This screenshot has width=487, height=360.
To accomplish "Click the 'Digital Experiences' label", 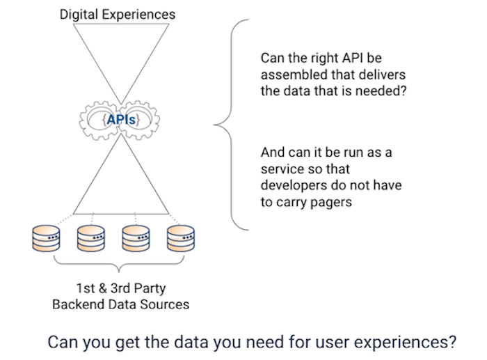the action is [118, 15].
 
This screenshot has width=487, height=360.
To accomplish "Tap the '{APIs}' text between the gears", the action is [121, 120].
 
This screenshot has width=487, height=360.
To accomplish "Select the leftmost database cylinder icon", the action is [46, 238].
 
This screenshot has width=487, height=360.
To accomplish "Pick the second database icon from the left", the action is [90, 238].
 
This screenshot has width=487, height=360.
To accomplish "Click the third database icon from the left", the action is [136, 238].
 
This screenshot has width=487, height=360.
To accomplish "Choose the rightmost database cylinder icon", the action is [181, 238].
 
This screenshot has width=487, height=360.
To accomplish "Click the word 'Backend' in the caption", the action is [78, 304].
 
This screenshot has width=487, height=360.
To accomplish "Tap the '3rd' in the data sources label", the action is [120, 288].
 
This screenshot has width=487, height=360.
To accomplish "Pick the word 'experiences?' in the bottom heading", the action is [406, 343].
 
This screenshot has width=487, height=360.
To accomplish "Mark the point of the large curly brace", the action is [214, 125].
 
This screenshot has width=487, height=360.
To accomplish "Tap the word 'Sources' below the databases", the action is [165, 304].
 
